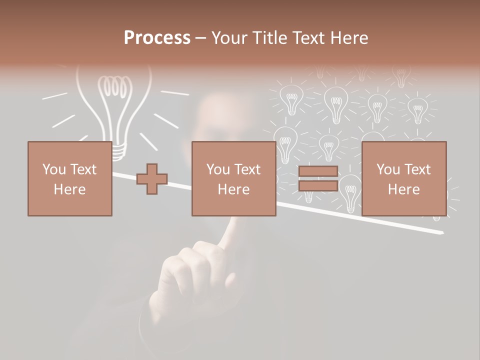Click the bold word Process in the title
(x=157, y=38)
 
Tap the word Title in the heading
(x=269, y=38)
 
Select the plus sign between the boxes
(x=152, y=179)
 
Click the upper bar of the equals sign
(x=318, y=171)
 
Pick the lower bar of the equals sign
(x=318, y=186)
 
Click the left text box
(x=69, y=179)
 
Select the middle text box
(x=233, y=179)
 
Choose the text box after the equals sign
(x=403, y=179)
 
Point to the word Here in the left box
(x=69, y=189)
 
